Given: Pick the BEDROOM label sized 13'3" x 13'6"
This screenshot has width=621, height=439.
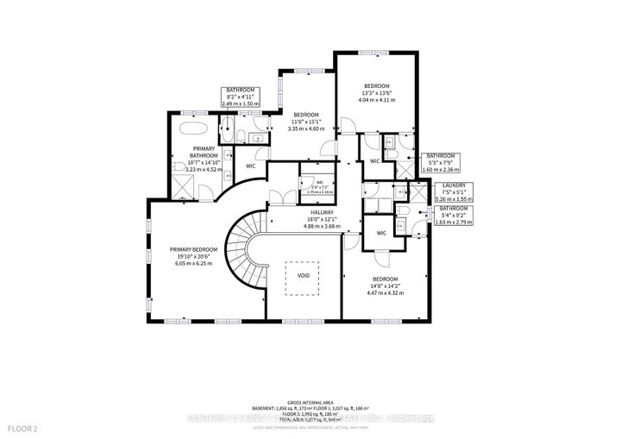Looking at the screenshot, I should (377, 86).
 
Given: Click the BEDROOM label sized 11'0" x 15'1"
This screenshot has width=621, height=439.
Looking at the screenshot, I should (307, 116).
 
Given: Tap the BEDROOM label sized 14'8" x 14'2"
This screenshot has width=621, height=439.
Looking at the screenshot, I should (385, 279).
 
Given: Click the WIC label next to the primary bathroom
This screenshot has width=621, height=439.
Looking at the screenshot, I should (251, 166).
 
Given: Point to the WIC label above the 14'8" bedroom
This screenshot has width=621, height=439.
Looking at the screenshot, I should (381, 234).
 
